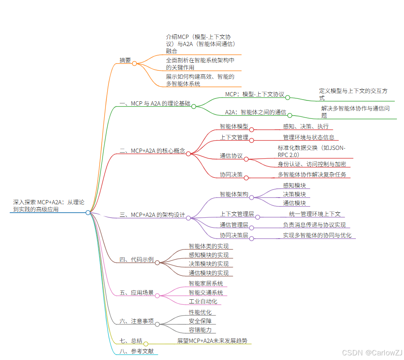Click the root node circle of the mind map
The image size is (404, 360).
(x=88, y=213)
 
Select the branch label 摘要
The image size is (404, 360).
(x=125, y=60)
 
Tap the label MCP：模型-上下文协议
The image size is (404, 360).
(x=255, y=94)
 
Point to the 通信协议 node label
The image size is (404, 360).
(x=231, y=156)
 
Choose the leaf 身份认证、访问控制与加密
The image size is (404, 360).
(x=311, y=164)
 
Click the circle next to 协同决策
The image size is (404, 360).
(x=246, y=178)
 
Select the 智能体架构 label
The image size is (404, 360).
(x=234, y=194)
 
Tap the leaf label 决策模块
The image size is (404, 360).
(x=294, y=194)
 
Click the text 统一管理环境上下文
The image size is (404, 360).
(x=311, y=214)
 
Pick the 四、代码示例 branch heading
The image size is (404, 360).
(x=136, y=260)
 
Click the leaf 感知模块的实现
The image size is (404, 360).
(x=208, y=255)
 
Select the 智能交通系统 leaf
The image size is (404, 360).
(x=206, y=293)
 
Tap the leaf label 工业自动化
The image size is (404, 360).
(x=203, y=302)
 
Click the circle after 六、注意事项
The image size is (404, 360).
(x=157, y=324)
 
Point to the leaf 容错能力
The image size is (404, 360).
(x=200, y=330)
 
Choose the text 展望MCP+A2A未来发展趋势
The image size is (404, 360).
(x=215, y=341)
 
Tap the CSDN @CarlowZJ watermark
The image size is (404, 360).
(x=372, y=353)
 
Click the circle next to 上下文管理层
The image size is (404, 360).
(x=258, y=217)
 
